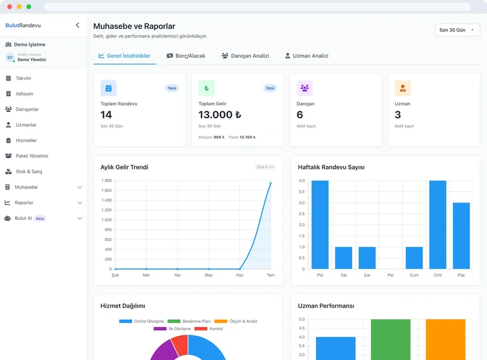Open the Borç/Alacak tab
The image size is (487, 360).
(x=186, y=56)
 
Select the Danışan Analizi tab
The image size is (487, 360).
(x=245, y=56)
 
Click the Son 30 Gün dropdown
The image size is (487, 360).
(x=457, y=30)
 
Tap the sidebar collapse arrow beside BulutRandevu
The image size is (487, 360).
(x=77, y=25)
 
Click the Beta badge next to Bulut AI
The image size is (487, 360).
(x=40, y=218)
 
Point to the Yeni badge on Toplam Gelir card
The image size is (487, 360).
(x=270, y=88)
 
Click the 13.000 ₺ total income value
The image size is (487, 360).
(x=220, y=115)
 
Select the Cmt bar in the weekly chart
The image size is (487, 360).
(x=438, y=225)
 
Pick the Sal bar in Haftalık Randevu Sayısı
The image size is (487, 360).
(x=344, y=258)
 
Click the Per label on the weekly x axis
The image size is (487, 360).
(x=391, y=275)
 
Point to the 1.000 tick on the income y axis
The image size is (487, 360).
(x=107, y=220)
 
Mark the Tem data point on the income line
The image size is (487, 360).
(x=271, y=184)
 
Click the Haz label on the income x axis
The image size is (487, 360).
(x=240, y=275)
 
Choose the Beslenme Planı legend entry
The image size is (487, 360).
(x=189, y=321)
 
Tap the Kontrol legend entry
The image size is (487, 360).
(x=209, y=329)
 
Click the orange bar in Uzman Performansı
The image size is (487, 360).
(x=446, y=339)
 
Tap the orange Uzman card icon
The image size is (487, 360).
(x=403, y=88)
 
